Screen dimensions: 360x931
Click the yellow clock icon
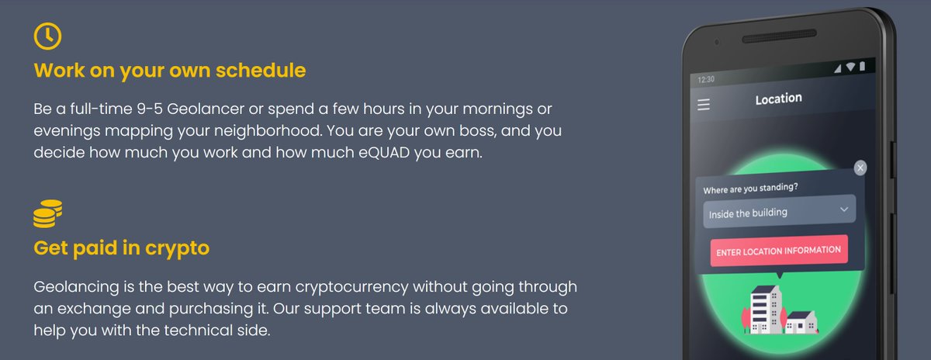[47, 36]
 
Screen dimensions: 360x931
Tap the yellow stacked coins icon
[47, 213]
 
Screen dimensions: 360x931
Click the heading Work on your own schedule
[170, 71]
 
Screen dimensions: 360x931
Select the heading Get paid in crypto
[122, 248]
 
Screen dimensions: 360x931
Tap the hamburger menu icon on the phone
[704, 105]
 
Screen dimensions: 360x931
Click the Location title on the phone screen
[778, 99]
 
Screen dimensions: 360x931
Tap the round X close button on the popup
[860, 168]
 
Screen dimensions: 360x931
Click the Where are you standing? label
[750, 188]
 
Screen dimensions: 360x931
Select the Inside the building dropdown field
[778, 211]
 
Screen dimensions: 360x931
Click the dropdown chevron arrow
[844, 209]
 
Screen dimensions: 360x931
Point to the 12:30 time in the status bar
[706, 79]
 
